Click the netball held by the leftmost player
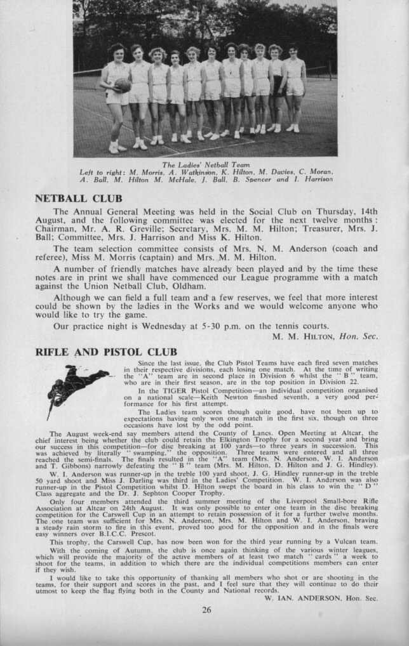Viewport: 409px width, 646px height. click(x=123, y=84)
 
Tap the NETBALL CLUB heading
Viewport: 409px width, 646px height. click(x=78, y=199)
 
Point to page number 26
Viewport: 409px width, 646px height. click(x=206, y=610)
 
